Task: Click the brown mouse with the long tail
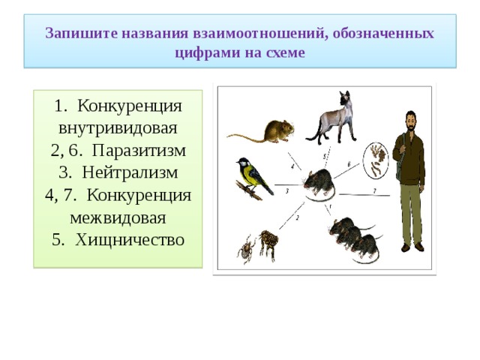tap(270, 130)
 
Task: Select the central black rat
tap(319, 184)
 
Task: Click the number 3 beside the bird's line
tap(287, 191)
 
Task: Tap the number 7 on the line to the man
tap(374, 190)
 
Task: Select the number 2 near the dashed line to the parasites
tap(297, 217)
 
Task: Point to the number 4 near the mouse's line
tap(292, 165)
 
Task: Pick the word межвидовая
tap(118, 217)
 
